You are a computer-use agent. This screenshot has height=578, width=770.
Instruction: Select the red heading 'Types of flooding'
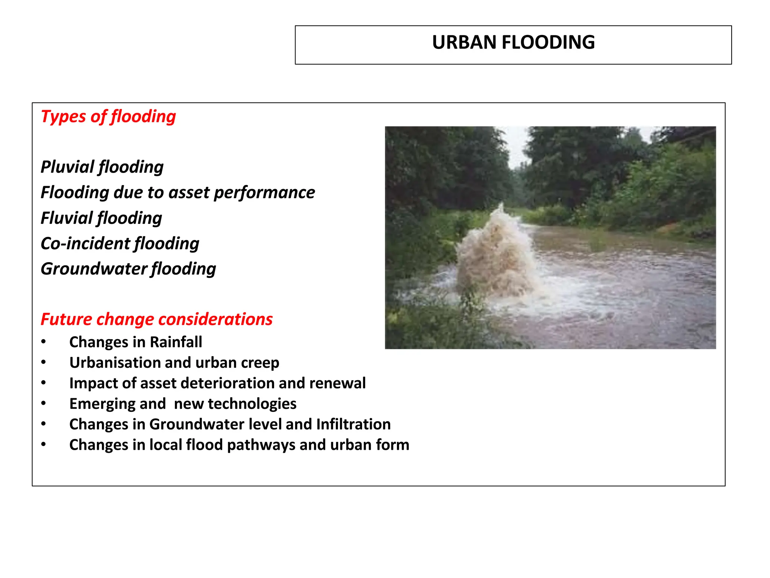108,117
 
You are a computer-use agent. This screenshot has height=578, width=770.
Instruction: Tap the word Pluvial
67,167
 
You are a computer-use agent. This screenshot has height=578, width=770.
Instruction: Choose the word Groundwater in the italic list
94,269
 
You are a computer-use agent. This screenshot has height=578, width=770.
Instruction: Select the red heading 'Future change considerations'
156,319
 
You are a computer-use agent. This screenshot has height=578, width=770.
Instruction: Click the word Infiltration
353,424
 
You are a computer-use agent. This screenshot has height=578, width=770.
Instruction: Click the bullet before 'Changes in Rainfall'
44,342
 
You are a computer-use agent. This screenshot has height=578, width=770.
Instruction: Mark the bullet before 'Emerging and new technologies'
44,404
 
